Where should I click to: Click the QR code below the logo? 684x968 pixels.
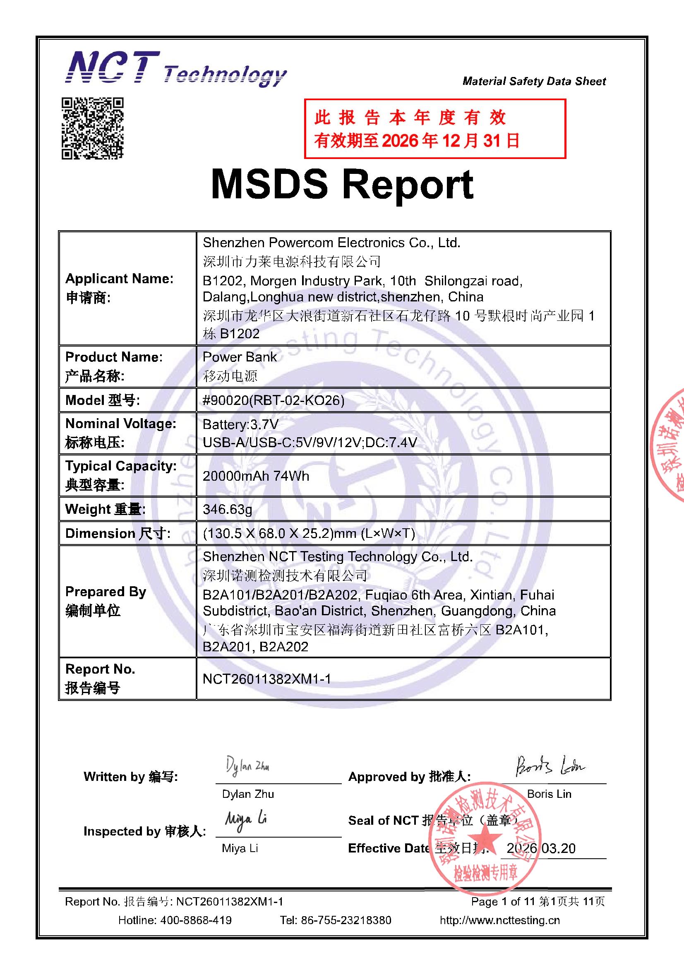coord(92,128)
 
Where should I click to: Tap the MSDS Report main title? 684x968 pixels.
coord(342,185)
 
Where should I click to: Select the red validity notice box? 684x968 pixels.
coord(434,129)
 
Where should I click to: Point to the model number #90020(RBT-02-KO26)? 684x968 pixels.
coord(274,400)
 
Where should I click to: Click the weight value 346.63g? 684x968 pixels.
coord(228,509)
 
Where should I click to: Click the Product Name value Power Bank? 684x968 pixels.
coord(239,357)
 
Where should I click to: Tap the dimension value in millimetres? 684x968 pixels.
coord(309,533)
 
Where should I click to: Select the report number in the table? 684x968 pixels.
coord(267,678)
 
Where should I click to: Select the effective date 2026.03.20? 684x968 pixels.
coord(541,848)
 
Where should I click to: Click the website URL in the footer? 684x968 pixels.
coord(499,920)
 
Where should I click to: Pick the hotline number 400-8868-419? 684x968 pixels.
coord(196,920)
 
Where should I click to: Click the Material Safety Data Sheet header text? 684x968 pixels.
coord(534,82)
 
